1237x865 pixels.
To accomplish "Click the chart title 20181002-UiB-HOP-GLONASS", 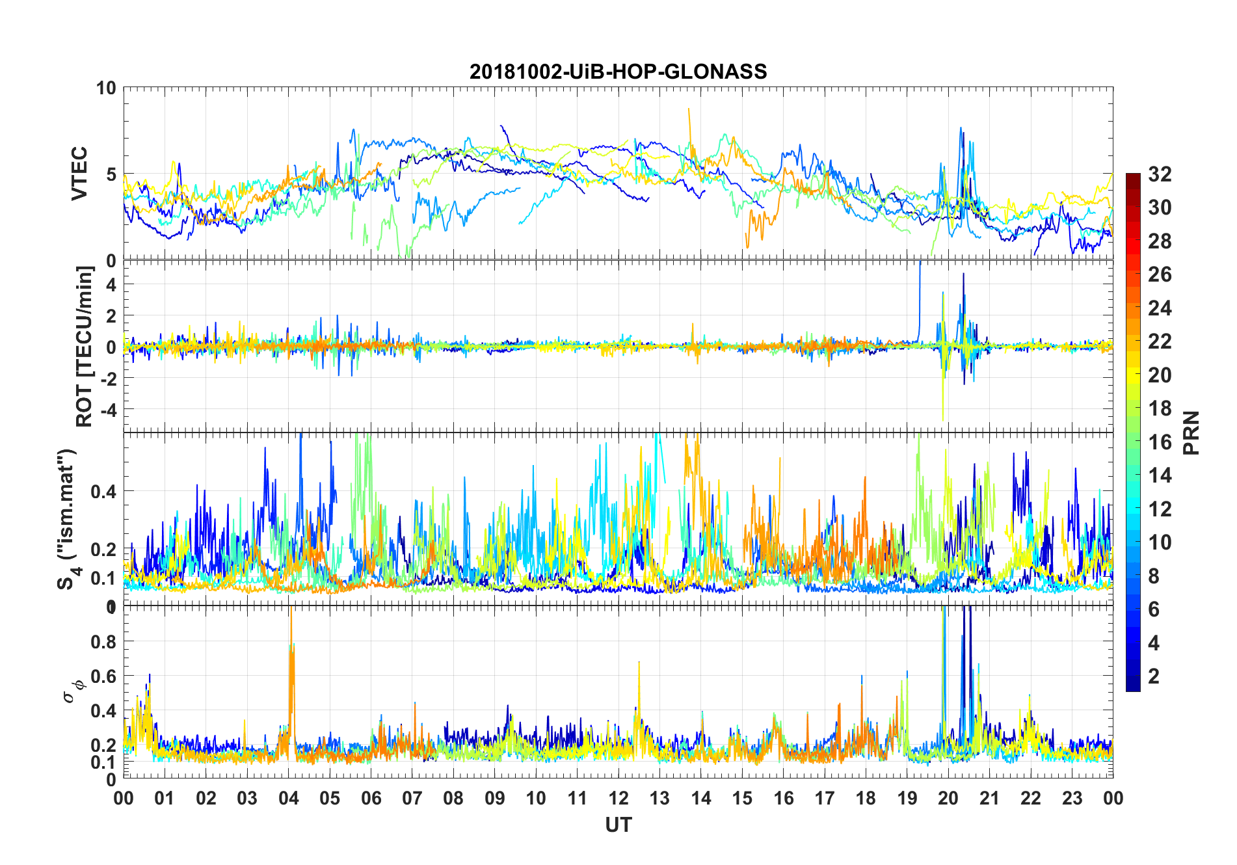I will (x=618, y=72).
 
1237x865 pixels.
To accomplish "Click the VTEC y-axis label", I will (x=79, y=174).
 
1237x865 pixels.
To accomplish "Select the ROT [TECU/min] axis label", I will (x=85, y=346).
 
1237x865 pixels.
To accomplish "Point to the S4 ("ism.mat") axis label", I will (x=68, y=520).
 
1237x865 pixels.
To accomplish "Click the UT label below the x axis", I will (x=618, y=825).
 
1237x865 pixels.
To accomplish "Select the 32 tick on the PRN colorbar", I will (x=1160, y=174).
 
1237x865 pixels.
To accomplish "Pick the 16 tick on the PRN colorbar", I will (x=1160, y=442).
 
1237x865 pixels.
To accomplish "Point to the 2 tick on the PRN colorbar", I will (x=1154, y=676).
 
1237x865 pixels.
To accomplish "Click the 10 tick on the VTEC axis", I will (x=106, y=88).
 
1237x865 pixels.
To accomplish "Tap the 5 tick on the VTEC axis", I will (x=111, y=174).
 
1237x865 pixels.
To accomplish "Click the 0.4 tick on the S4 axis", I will (x=104, y=491).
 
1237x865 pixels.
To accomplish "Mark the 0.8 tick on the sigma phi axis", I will (x=104, y=641).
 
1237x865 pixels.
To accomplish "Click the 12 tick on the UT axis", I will (x=618, y=798).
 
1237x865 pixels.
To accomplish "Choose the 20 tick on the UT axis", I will (x=948, y=798).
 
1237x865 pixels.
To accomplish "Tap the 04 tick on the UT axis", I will (x=288, y=798).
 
